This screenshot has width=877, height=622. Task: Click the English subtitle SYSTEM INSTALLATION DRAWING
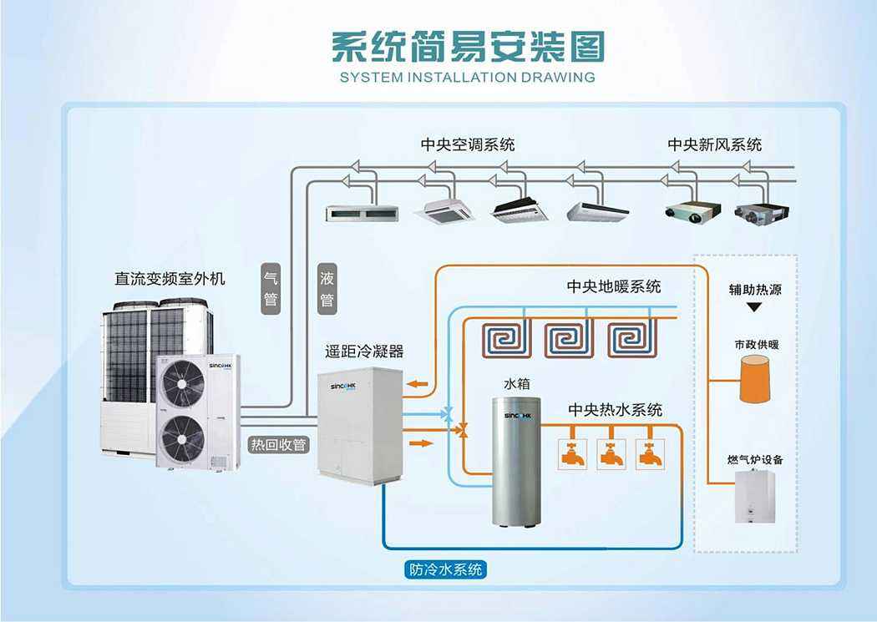pos(468,78)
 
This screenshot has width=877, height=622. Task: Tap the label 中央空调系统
pos(468,144)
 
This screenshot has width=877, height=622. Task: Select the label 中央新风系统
pos(714,144)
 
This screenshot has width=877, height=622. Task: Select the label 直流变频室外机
pos(170,278)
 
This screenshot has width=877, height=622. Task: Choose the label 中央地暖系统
pos(614,286)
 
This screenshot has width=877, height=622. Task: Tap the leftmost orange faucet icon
pos(573,453)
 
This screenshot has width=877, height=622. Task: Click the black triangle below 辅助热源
pos(754,308)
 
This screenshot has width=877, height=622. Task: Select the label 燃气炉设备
pos(755,460)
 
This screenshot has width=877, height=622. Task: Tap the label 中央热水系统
pos(616,410)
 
